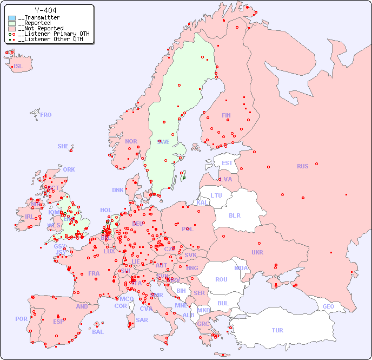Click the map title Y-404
[x=45, y=10]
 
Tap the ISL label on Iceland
[x=18, y=67]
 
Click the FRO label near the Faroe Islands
[x=46, y=115]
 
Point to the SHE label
[x=63, y=146]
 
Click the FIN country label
[x=226, y=115]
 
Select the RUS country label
[x=302, y=166]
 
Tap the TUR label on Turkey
[x=277, y=330]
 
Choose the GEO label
[x=328, y=306]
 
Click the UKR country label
[x=257, y=252]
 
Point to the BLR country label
[x=235, y=215]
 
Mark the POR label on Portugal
[x=21, y=319]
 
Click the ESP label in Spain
[x=58, y=321]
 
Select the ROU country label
[x=221, y=279]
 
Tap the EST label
[x=227, y=163]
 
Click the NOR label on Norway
[x=131, y=141]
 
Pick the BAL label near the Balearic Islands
[x=97, y=332]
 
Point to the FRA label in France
[x=94, y=273]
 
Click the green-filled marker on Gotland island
[x=184, y=178]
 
